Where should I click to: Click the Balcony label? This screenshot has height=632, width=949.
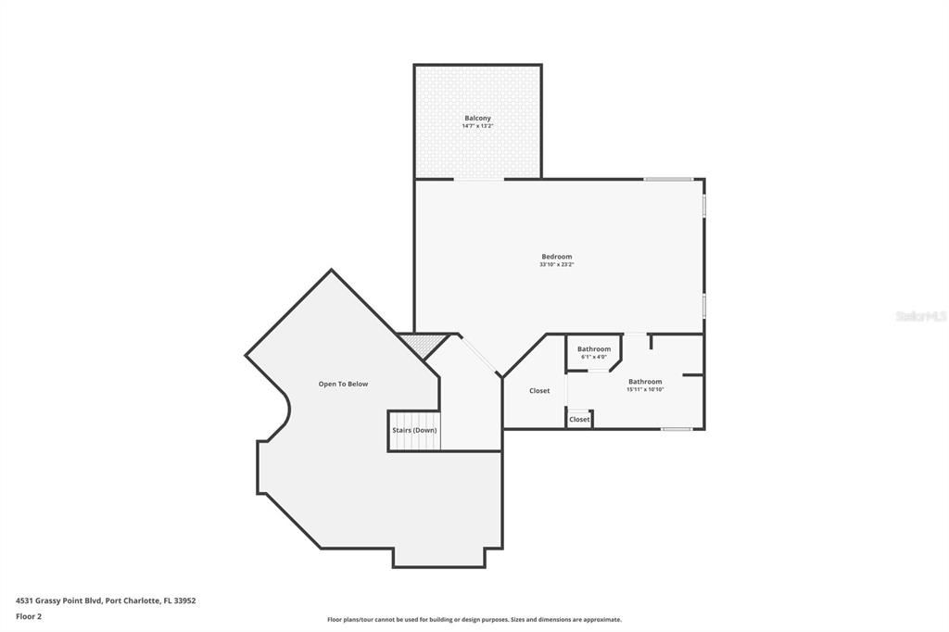click(477, 119)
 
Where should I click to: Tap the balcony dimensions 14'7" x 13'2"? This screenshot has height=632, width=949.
click(477, 126)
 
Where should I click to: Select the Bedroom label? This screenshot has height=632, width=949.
click(557, 257)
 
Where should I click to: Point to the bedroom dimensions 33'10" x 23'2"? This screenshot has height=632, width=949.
click(557, 264)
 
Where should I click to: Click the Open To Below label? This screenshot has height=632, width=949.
click(343, 384)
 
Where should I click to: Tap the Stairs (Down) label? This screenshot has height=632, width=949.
click(413, 430)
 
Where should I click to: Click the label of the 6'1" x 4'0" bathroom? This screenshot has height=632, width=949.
click(594, 349)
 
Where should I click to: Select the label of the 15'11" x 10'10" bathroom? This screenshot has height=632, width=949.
click(645, 382)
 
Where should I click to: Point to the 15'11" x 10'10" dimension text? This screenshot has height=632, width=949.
click(645, 389)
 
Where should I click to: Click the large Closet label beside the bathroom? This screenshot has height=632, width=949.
click(539, 391)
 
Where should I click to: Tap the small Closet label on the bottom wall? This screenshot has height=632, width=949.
click(579, 420)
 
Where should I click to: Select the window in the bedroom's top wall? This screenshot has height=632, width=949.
click(668, 179)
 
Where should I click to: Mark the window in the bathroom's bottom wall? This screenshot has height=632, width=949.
click(676, 429)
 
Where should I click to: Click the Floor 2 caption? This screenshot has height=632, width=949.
click(29, 616)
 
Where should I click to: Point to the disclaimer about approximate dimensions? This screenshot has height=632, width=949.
click(474, 620)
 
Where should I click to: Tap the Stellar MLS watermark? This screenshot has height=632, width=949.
click(920, 316)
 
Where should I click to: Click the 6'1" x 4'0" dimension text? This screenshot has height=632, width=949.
click(594, 357)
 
